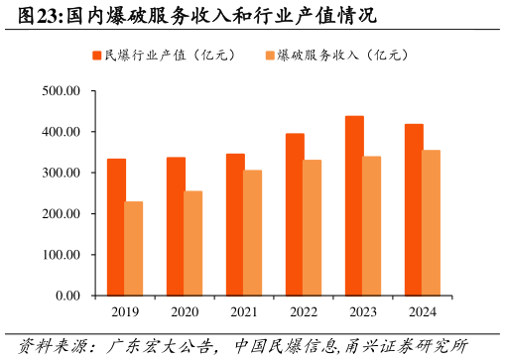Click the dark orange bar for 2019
pos(116,227)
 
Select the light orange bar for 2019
pos(134,248)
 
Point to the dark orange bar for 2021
pos(235,224)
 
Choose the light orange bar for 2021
pos(253,233)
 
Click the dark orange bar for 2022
pos(295,214)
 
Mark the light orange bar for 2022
pos(313,227)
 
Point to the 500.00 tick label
pos(62,91)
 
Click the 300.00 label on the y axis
pos(62,173)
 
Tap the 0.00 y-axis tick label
pos(67,296)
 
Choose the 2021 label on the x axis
pos(244,312)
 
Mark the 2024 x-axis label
pos(423,312)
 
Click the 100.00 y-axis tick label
pos(62,255)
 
